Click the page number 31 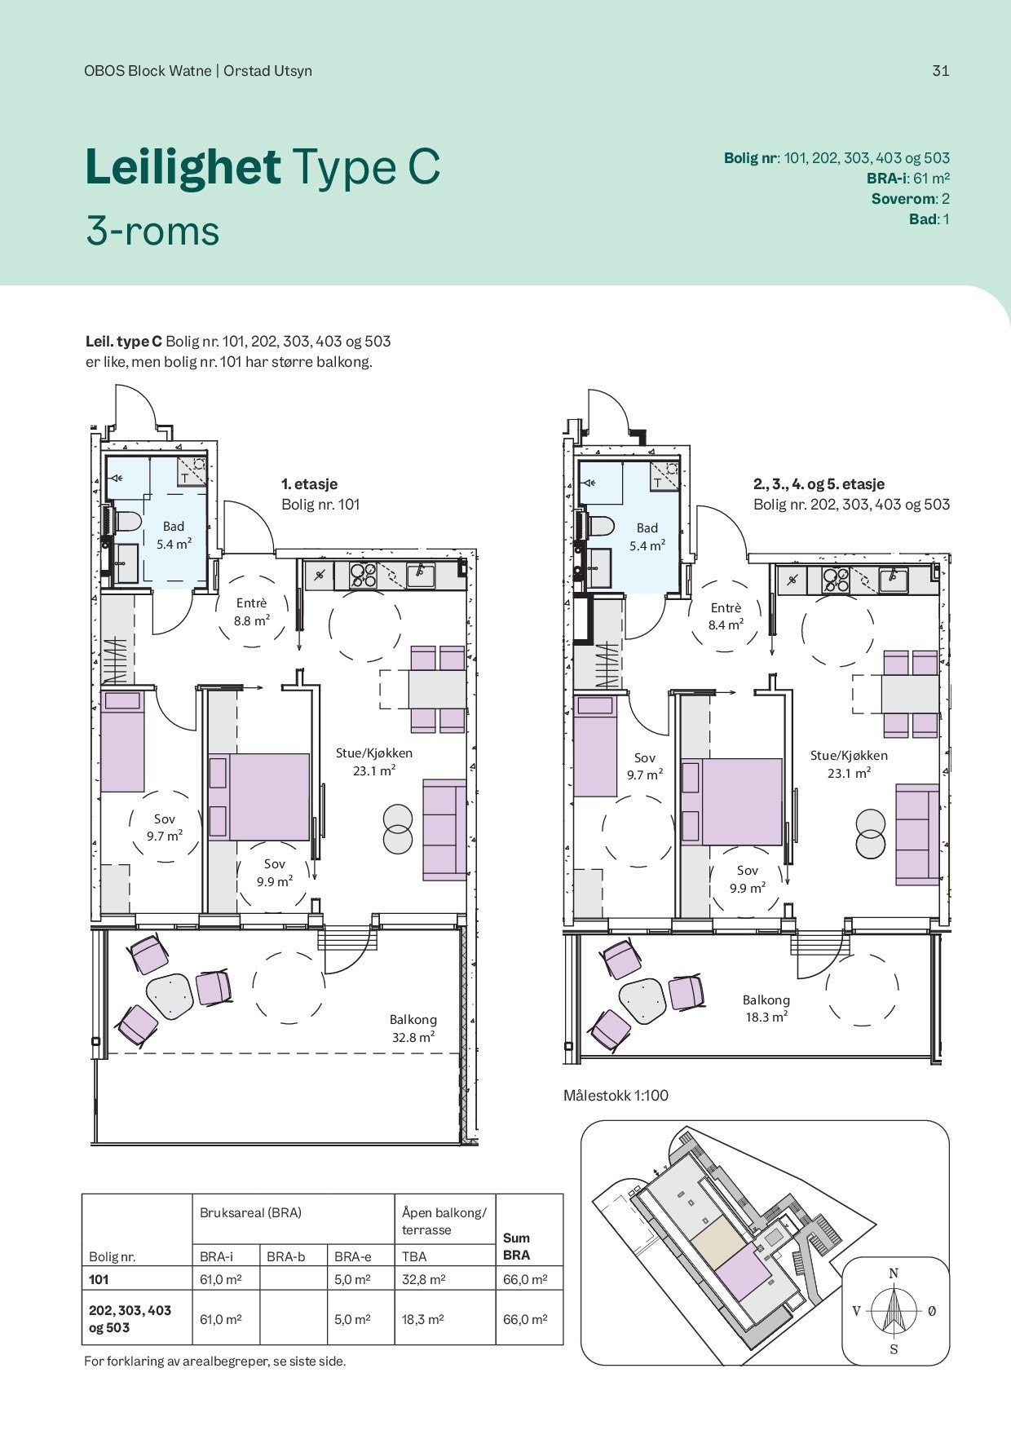(941, 70)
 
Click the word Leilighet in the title (183, 166)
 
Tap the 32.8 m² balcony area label (413, 1029)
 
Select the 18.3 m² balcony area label (766, 1009)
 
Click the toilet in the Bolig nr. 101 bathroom (127, 522)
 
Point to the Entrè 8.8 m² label (252, 611)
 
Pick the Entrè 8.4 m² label (726, 616)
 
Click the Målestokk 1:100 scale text (616, 1095)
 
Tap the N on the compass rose (894, 1273)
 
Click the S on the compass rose (894, 1349)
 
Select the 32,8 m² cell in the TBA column (423, 1280)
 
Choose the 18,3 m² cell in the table (422, 1319)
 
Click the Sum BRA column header (517, 1247)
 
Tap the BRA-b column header (285, 1256)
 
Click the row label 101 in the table (98, 1280)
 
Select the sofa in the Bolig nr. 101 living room (444, 830)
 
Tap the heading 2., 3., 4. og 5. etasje (819, 484)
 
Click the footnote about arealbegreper (215, 1362)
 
